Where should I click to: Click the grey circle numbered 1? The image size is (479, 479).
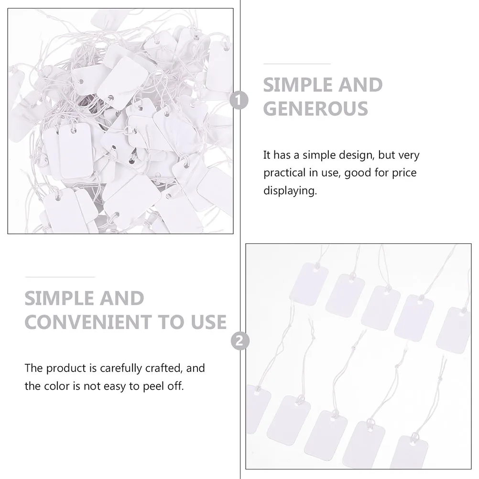tap(239, 100)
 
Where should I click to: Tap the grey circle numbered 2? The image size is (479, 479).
tap(239, 341)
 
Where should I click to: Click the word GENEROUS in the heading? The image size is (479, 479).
tap(316, 109)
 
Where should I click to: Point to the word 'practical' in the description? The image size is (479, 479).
tap(286, 173)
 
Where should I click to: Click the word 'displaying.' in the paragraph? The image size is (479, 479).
tap(290, 191)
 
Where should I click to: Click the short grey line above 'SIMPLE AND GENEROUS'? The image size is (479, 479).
tap(297, 63)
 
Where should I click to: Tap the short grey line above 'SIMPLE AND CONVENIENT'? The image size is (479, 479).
tap(60, 276)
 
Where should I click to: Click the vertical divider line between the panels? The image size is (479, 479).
tap(239, 191)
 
